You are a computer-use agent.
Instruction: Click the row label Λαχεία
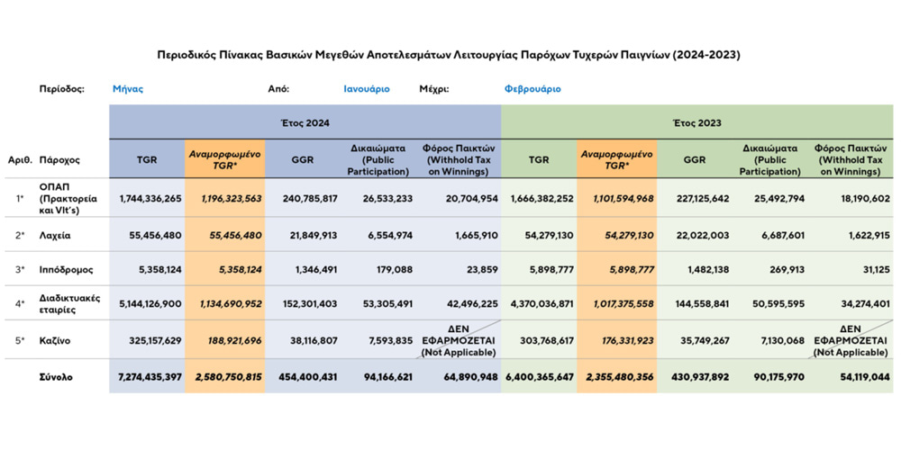(x=58, y=234)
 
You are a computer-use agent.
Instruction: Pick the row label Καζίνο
(x=57, y=341)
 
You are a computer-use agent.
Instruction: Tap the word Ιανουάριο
(x=367, y=89)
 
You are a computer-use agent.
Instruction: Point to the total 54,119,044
(x=854, y=377)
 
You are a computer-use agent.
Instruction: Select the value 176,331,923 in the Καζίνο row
(x=617, y=341)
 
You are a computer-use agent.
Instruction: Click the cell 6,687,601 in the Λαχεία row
(x=772, y=234)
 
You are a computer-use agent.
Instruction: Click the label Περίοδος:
(x=62, y=89)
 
